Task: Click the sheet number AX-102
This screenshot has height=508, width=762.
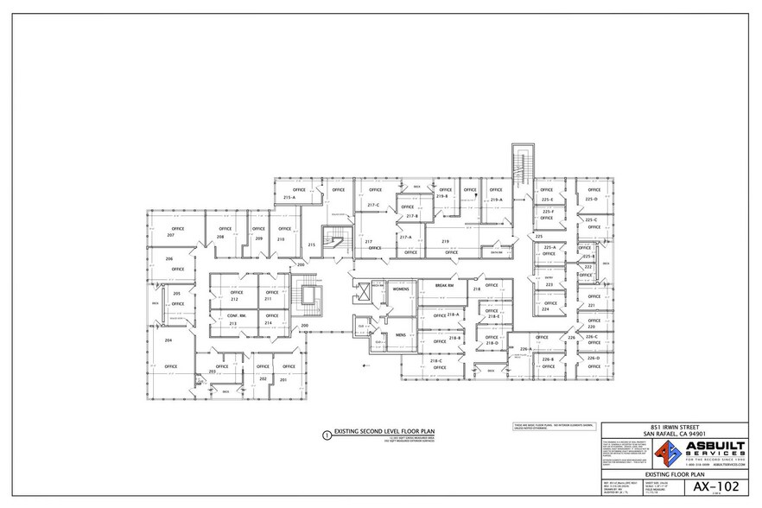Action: click(x=715, y=487)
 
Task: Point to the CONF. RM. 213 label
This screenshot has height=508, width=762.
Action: click(x=232, y=319)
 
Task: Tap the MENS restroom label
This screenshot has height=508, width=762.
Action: click(x=400, y=333)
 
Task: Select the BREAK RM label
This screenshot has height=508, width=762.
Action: click(x=444, y=285)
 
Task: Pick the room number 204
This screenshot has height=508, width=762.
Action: click(x=168, y=340)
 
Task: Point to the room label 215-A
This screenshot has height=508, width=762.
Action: click(x=289, y=198)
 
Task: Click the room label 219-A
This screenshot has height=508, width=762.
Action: click(x=496, y=200)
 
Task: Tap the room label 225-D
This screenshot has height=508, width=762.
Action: click(x=592, y=199)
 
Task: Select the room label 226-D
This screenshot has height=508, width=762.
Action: click(x=593, y=358)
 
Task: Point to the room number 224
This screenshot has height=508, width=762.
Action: click(x=546, y=308)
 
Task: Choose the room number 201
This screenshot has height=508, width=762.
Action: click(x=283, y=378)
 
